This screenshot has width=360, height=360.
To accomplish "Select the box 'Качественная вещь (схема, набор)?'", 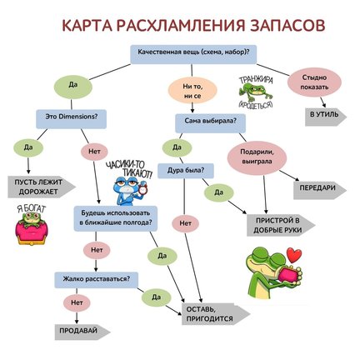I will point(193,52).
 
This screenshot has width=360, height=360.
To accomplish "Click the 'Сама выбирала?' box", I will point(205,121).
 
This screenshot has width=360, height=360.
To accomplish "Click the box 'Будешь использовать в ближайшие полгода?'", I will point(115,217).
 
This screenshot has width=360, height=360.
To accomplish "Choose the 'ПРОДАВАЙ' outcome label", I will point(72,331).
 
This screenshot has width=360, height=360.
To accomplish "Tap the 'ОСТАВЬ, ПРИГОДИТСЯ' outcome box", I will point(212,312).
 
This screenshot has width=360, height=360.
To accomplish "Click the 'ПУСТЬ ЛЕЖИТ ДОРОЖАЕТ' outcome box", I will point(42,184).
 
